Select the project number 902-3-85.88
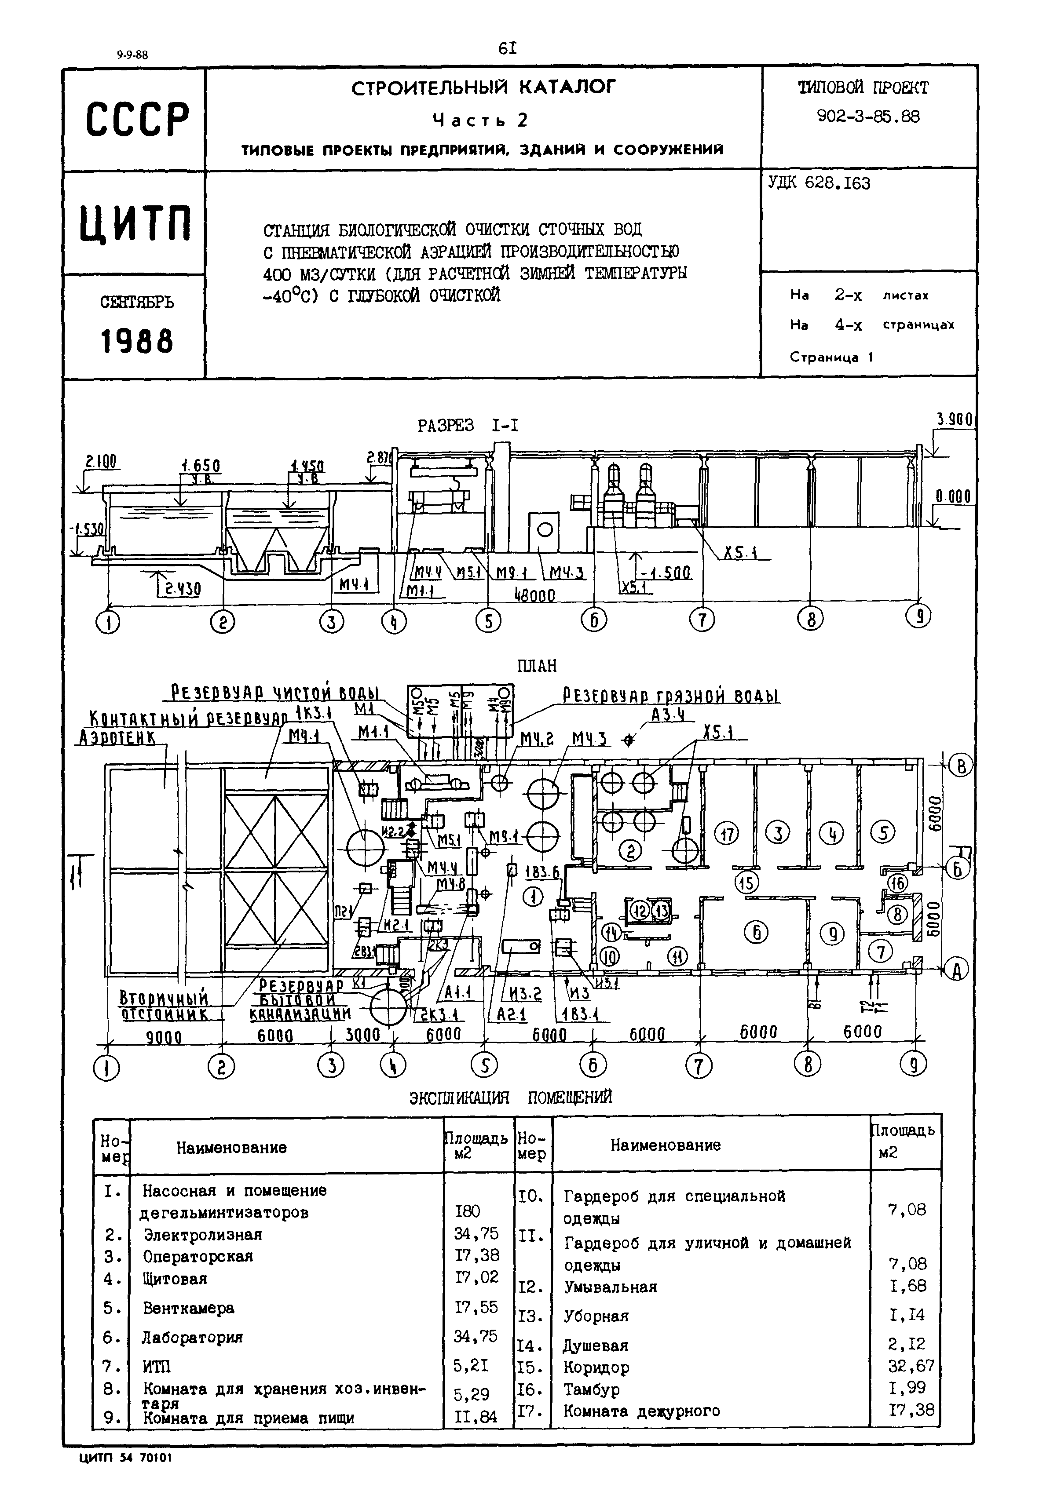point(868,117)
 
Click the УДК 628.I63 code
point(819,183)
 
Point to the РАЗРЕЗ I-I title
point(468,426)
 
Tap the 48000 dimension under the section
point(534,595)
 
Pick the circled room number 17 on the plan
point(727,833)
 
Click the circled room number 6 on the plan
point(757,933)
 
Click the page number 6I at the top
point(507,48)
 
